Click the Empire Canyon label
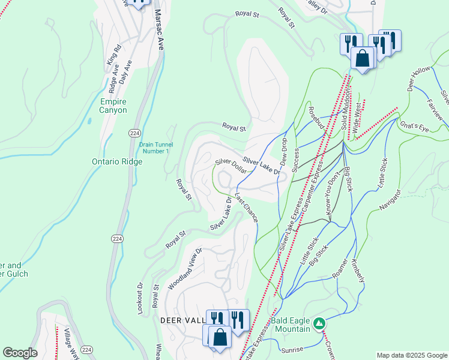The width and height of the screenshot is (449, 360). coord(113,106)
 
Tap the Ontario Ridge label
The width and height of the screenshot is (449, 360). coord(117,161)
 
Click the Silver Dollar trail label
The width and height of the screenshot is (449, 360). coord(231,166)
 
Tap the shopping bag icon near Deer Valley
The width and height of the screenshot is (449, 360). coord(220,337)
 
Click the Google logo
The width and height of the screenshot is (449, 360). coord(20,353)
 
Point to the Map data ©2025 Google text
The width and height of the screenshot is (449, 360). coord(412,355)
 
